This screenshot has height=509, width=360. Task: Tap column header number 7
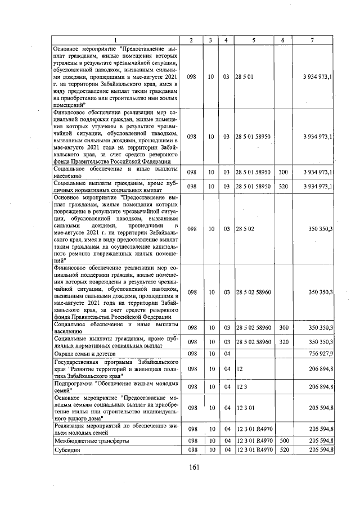pos(313,40)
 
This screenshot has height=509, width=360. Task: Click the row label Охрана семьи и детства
pos(84,353)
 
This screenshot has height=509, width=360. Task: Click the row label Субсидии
pos(66,450)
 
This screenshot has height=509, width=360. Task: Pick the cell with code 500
pos(283,441)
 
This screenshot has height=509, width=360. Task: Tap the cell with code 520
pos(283,450)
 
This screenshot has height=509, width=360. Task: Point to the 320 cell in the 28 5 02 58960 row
pos(283,342)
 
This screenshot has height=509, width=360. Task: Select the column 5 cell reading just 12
pos(240,368)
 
